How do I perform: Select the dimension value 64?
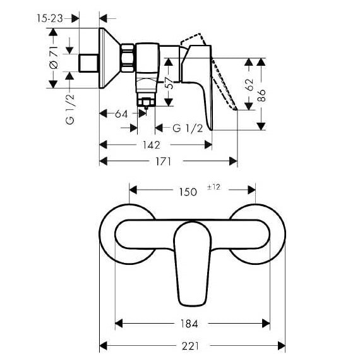(x=122, y=114)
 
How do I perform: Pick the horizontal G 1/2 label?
(x=188, y=128)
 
